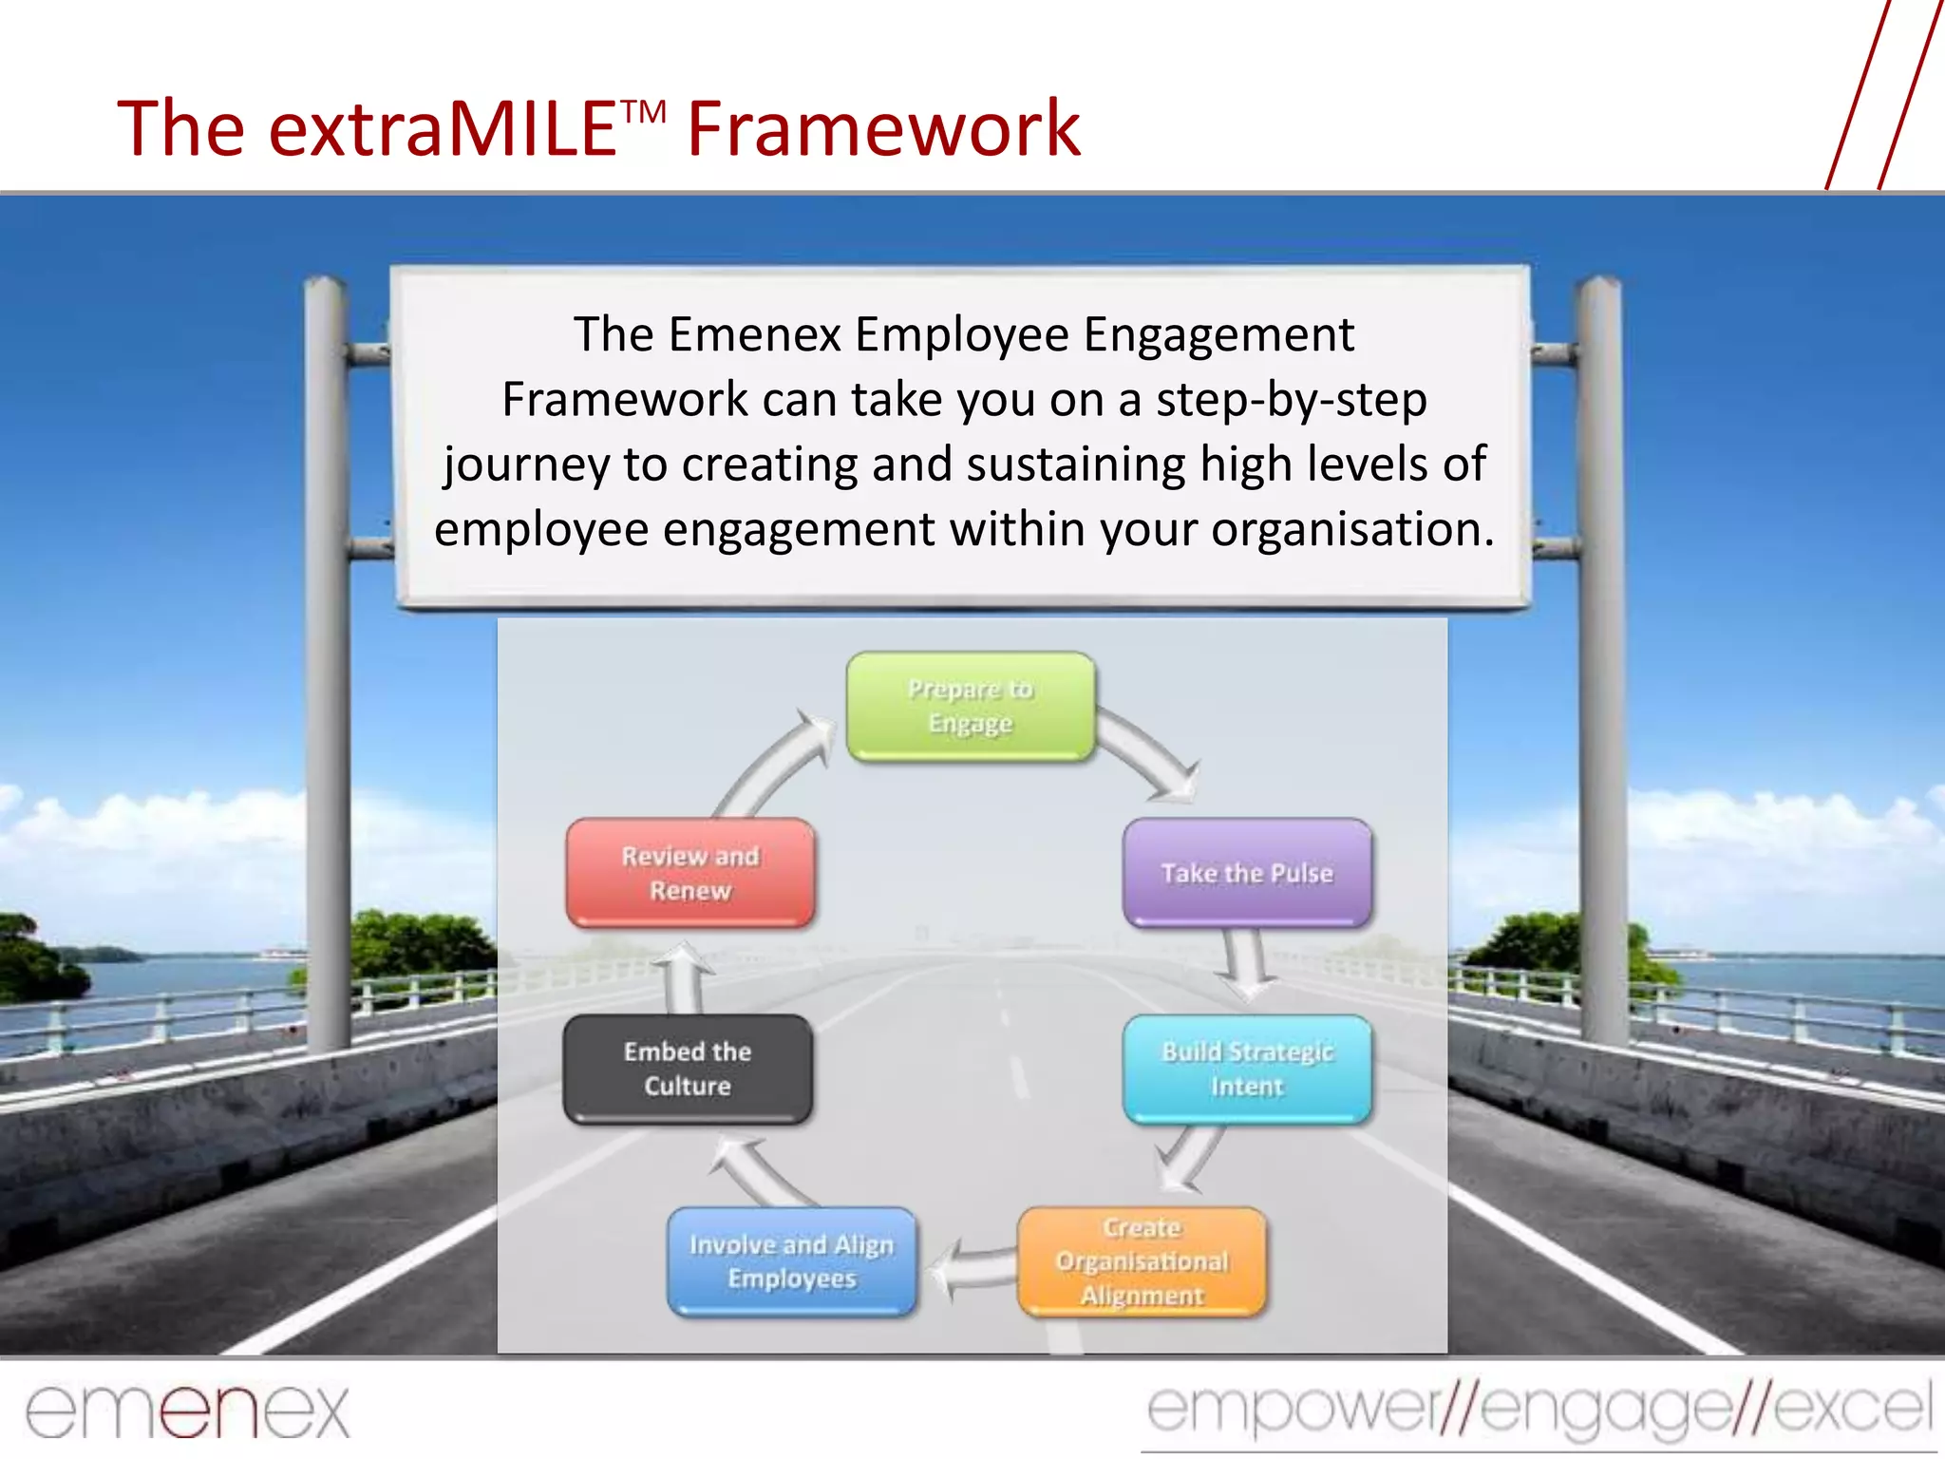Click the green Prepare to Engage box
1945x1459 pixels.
[971, 706]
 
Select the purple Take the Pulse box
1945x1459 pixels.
[1247, 873]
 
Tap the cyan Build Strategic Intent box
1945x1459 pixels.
[1247, 1069]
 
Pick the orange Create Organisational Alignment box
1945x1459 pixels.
[1142, 1261]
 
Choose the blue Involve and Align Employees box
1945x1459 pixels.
[792, 1261]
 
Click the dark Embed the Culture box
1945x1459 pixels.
[688, 1069]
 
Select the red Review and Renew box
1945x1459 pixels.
[690, 873]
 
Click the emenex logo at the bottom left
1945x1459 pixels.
[187, 1411]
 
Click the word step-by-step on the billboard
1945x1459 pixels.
[1291, 400]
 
